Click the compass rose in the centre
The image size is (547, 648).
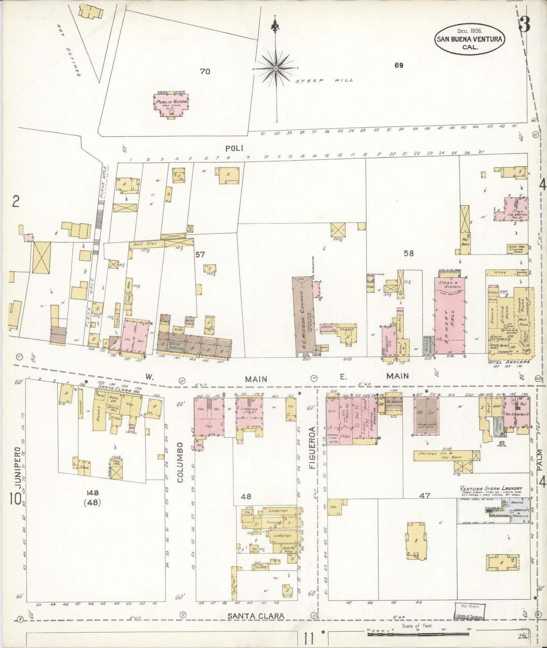[x=276, y=68]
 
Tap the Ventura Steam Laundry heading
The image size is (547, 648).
[x=491, y=488]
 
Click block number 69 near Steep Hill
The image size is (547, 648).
[x=398, y=65]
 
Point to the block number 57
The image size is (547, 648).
[x=200, y=255]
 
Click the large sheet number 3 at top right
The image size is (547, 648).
[x=525, y=24]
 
